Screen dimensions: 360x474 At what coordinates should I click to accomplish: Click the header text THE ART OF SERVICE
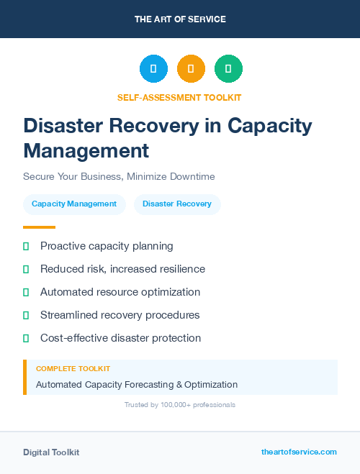pos(180,19)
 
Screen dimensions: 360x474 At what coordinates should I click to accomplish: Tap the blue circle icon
pos(153,69)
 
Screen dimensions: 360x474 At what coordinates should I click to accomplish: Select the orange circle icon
pos(191,69)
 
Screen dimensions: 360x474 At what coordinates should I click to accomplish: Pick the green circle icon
pos(228,69)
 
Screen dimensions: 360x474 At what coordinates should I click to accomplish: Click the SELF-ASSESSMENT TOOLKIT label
pos(180,97)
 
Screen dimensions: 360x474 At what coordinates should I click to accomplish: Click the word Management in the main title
pos(86,151)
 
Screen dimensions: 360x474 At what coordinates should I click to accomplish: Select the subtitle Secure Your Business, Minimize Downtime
pos(119,176)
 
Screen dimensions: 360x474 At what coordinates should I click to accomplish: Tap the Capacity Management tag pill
pos(74,204)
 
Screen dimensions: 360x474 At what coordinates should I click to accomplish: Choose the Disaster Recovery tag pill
pos(177,204)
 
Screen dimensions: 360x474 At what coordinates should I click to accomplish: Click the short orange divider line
pos(39,227)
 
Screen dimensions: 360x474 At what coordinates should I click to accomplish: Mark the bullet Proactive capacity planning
pos(107,246)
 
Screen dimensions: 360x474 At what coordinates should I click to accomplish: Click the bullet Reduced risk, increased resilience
pos(122,269)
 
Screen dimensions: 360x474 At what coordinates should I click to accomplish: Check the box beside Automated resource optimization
pos(26,292)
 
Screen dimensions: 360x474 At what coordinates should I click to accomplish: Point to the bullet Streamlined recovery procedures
pos(120,315)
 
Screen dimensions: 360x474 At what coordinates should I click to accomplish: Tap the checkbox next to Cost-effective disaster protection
pos(26,338)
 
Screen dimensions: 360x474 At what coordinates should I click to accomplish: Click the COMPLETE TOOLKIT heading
pos(68,368)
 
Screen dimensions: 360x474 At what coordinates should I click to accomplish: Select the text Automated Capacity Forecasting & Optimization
pos(137,385)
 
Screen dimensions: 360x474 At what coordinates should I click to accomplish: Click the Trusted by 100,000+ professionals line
pos(180,405)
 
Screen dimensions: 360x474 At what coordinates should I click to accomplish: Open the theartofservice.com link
pos(299,452)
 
